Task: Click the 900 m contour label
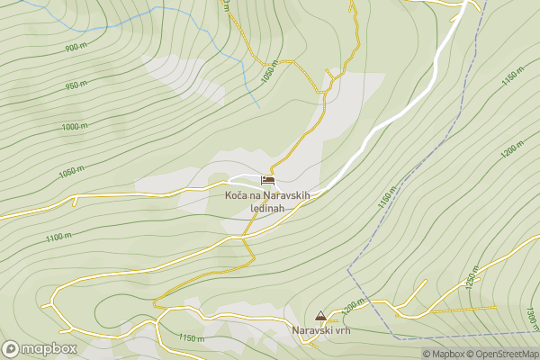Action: pos(76,47)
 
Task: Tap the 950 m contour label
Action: pos(77,86)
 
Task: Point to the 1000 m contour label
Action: pos(75,127)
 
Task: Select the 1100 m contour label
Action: pos(58,238)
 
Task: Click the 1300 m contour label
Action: pos(531,318)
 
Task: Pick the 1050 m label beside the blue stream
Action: pos(266,72)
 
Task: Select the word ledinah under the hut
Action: pos(267,208)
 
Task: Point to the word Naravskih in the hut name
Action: pos(284,194)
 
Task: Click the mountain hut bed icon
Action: pos(267,181)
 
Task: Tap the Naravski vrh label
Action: pos(320,330)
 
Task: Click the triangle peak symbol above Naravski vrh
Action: pos(320,317)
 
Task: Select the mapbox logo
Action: pos(40,348)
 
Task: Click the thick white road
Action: pos(396,113)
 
